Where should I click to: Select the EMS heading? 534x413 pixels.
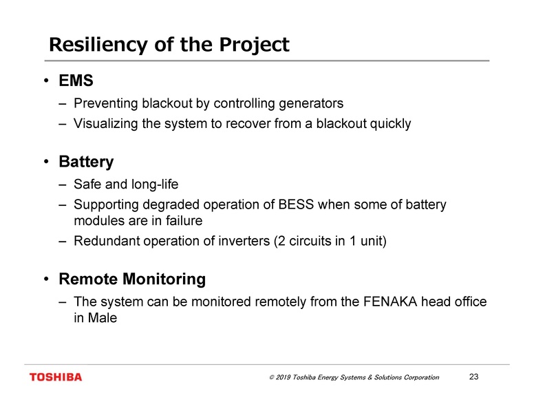76,81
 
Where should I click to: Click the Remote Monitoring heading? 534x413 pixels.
132,279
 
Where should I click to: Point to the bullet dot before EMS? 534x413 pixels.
45,81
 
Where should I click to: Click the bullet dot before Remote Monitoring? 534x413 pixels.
45,279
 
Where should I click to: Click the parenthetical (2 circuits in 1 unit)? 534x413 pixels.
337,242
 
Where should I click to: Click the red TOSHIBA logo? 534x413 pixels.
55,377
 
